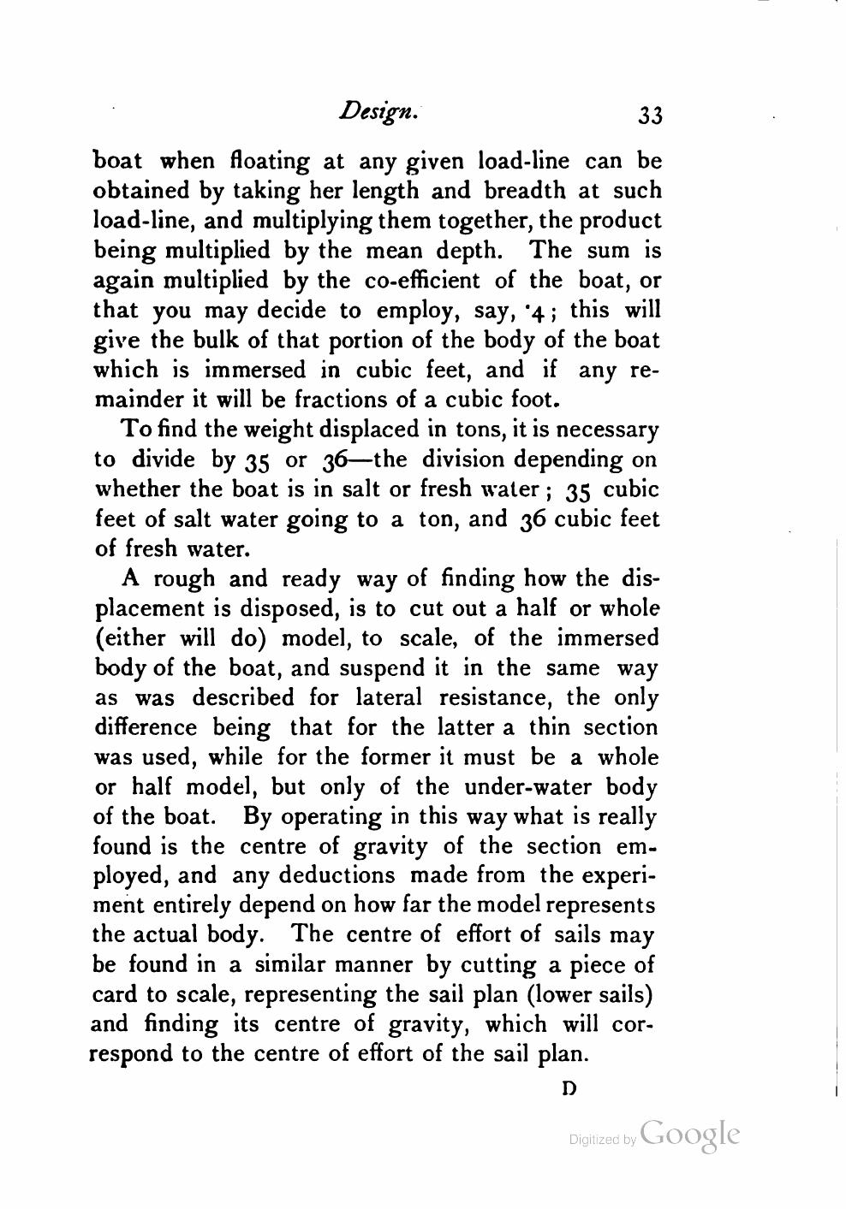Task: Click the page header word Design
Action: click(378, 111)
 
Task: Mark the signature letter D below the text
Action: click(567, 1089)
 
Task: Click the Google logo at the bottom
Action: click(688, 1134)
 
